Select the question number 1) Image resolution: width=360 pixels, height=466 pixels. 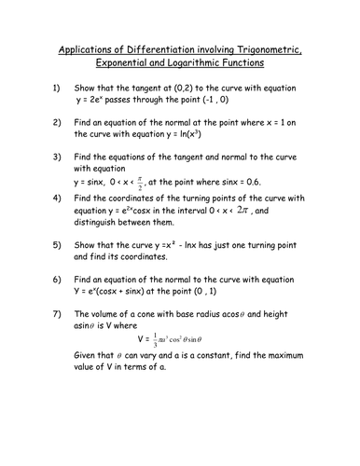[x=56, y=89]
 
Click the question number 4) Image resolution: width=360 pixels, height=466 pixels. [x=56, y=198]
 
